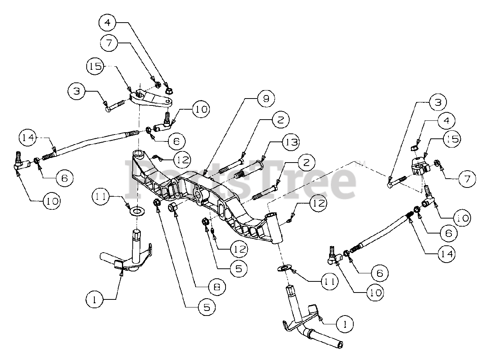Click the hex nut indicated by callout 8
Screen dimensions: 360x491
172,207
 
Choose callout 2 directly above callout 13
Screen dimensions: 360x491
280,120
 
